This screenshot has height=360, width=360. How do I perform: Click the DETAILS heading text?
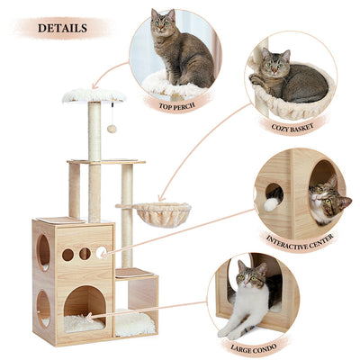[62, 28]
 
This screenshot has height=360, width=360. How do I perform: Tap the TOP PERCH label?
[177, 105]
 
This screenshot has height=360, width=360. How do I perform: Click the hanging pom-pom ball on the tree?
[112, 129]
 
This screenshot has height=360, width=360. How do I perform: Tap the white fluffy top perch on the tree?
[94, 95]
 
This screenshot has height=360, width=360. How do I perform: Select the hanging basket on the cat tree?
[162, 213]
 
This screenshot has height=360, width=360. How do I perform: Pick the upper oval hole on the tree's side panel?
[43, 252]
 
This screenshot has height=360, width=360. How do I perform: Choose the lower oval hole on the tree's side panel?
[43, 308]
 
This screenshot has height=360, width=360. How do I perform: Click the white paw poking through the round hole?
[271, 203]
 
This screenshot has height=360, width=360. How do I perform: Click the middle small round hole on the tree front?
[85, 254]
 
